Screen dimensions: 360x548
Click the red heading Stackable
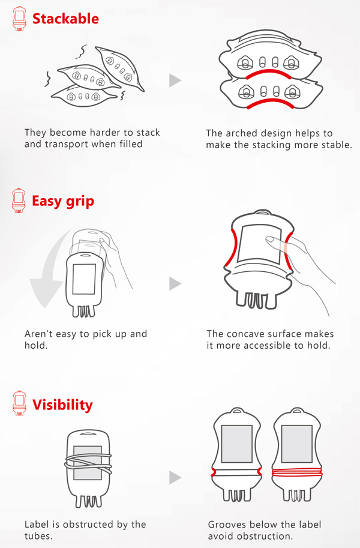pyautogui.click(x=65, y=19)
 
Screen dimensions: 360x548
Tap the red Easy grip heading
pyautogui.click(x=63, y=201)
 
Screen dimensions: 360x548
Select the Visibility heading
pyautogui.click(x=62, y=405)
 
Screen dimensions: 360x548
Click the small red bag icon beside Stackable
pyautogui.click(x=19, y=19)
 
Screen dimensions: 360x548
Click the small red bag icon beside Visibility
pyautogui.click(x=19, y=403)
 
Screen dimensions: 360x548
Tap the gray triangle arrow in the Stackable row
pyautogui.click(x=175, y=80)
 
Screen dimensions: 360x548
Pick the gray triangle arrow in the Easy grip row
pyautogui.click(x=175, y=283)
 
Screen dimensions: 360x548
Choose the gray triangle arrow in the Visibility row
pyautogui.click(x=175, y=477)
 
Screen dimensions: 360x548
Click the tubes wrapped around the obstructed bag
pyautogui.click(x=88, y=463)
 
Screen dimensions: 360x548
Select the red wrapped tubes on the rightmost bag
pyautogui.click(x=297, y=472)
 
